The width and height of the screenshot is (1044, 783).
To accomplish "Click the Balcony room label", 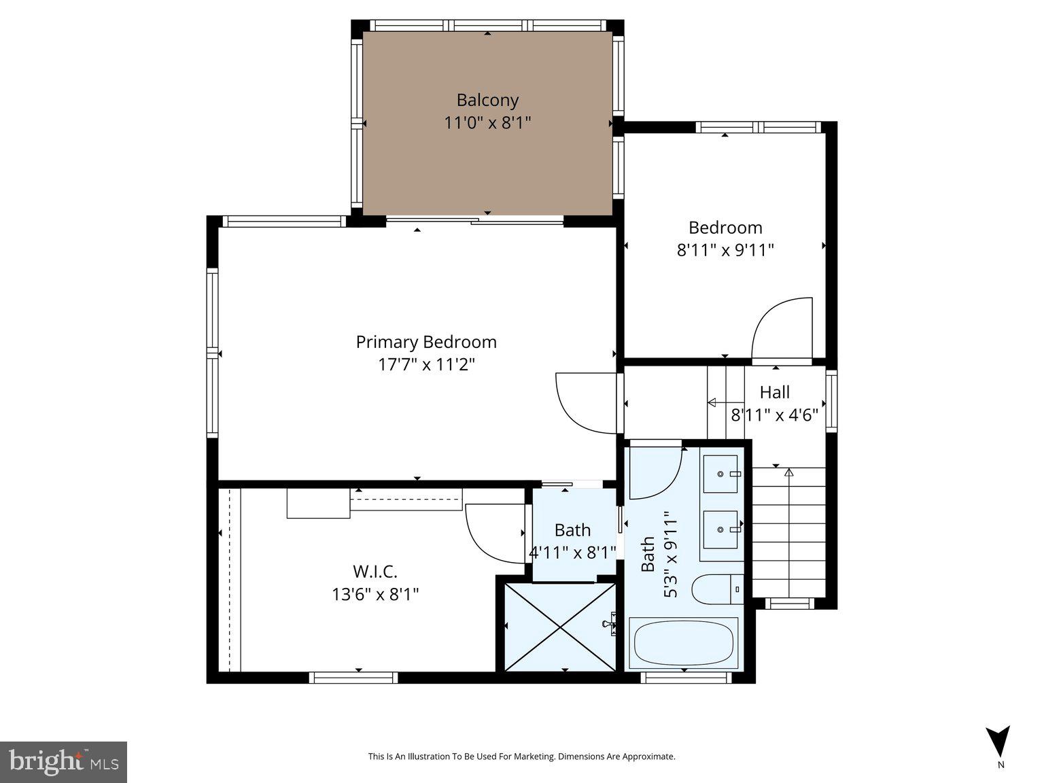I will tap(487, 100).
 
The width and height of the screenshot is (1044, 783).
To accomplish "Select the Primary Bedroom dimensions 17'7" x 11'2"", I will tap(426, 365).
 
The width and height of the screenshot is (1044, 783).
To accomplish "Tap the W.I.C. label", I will tap(375, 571).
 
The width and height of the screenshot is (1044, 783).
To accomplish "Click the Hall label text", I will tap(775, 392).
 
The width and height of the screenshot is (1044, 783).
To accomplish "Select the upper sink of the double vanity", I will tap(720, 473).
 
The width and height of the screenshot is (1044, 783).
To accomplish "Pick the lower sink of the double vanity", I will tap(720, 529).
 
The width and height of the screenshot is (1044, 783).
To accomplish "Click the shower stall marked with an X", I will tap(559, 625).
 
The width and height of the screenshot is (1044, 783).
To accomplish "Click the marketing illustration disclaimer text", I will tap(521, 756).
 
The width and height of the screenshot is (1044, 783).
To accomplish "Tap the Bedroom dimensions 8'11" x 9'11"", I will tap(725, 250).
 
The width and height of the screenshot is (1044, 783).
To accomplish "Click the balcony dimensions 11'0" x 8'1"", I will tap(487, 123).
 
